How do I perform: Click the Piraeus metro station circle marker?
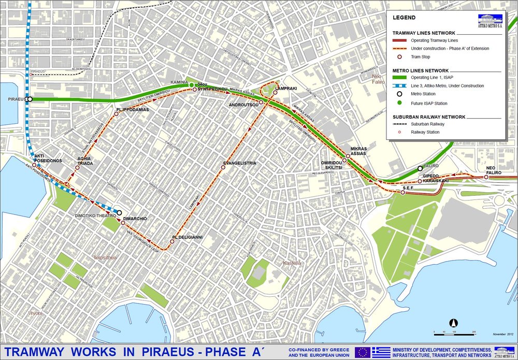coord(30,99)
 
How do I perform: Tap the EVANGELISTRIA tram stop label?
coord(239,163)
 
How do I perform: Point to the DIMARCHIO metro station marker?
coord(119,212)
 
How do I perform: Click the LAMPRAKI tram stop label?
coord(287,89)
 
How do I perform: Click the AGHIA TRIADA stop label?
coord(85,161)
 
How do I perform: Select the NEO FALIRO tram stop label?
coord(495,170)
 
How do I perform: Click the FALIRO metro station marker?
coord(420,168)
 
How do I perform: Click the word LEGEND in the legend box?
coord(404,17)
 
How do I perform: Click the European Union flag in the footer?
coord(362,352)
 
